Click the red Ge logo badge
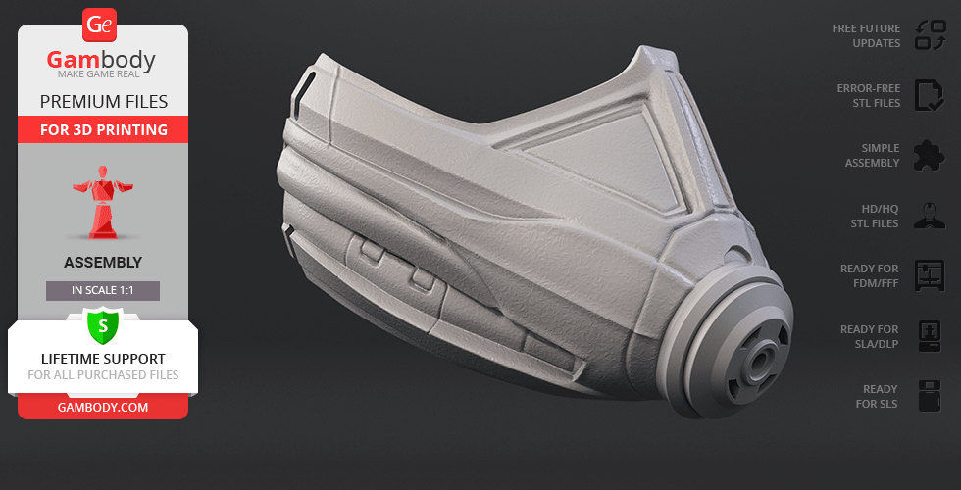pos(99,25)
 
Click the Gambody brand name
pos(101,60)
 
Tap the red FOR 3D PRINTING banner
pos(104,129)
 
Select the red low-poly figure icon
pos(103,202)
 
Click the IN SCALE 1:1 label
pos(103,291)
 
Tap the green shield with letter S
pos(103,325)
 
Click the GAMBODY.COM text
pos(103,408)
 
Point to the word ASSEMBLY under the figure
pos(103,263)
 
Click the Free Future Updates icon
pos(931,35)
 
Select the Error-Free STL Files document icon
pos(930,96)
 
